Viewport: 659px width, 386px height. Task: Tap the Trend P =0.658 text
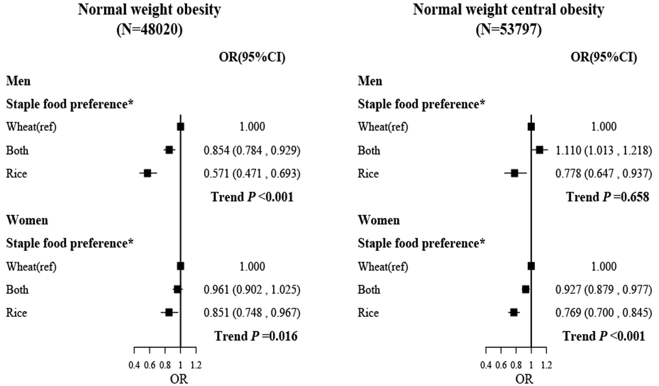(x=607, y=197)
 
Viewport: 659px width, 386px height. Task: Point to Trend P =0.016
(x=256, y=336)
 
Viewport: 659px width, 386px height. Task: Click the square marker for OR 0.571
(x=147, y=173)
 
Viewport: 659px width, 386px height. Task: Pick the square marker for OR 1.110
(x=540, y=150)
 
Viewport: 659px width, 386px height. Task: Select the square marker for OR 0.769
(x=514, y=313)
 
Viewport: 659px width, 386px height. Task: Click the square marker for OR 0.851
(x=169, y=313)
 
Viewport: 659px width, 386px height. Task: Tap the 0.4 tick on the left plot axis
(x=134, y=365)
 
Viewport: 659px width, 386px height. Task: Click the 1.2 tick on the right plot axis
(x=547, y=365)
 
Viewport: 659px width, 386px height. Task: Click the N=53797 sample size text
(x=509, y=30)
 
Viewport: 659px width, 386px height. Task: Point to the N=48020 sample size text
(x=150, y=30)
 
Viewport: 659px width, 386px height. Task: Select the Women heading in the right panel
(x=379, y=220)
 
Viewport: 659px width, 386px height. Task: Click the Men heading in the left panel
(x=18, y=81)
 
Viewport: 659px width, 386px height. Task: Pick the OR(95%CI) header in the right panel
(x=603, y=57)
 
